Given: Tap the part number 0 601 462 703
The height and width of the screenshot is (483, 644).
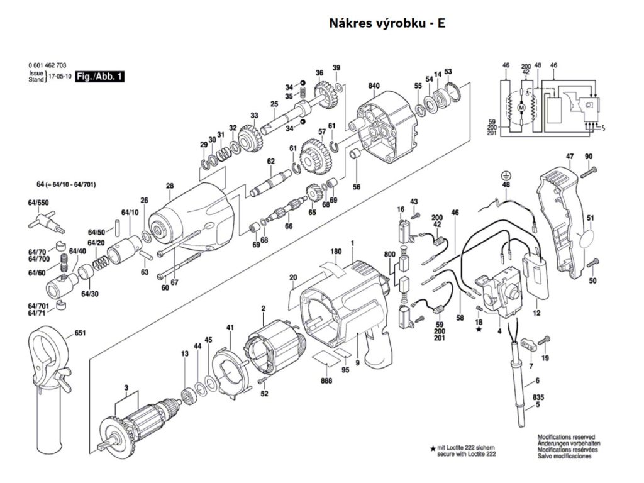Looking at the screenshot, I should click(48, 65).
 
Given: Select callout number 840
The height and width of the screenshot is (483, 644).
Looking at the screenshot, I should click(374, 85).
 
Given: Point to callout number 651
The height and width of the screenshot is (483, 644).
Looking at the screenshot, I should click(80, 333).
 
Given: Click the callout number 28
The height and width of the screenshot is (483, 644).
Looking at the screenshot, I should click(169, 186).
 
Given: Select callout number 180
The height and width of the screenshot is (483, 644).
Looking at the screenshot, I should click(336, 252).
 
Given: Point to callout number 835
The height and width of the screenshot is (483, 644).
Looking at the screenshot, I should click(538, 397).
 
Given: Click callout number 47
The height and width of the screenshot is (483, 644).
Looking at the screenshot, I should click(569, 156).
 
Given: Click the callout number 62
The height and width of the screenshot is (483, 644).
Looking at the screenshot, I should click(270, 162).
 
